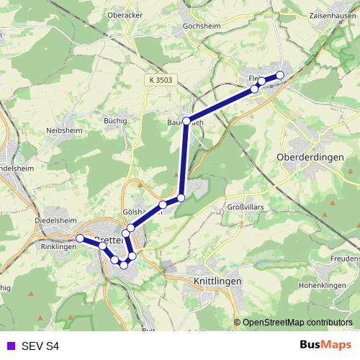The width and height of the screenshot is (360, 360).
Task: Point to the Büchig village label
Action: pos(115,121)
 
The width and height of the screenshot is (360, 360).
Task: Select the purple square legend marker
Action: pos(9,346)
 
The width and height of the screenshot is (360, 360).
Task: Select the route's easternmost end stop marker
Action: pos(280,76)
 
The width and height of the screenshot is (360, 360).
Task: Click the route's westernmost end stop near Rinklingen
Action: pos(79,238)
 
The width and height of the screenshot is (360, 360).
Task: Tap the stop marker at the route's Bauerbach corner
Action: pos(186,121)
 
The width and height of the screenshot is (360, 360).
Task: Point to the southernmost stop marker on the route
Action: pos(124,265)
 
